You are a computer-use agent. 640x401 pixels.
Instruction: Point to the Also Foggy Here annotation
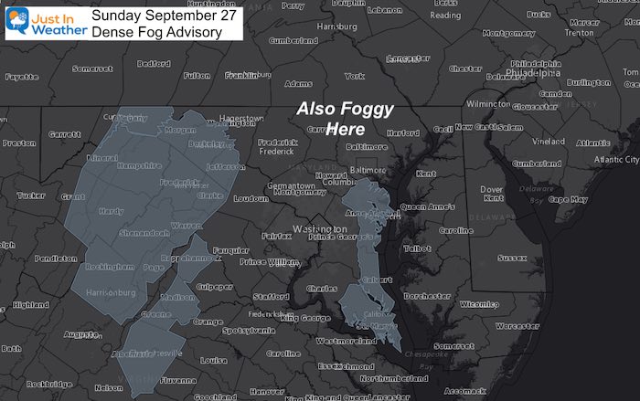point(347,120)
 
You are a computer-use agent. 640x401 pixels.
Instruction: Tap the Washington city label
point(317,228)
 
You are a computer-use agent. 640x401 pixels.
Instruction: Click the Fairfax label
point(276,236)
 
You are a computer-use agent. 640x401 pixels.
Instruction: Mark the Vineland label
point(549,142)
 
